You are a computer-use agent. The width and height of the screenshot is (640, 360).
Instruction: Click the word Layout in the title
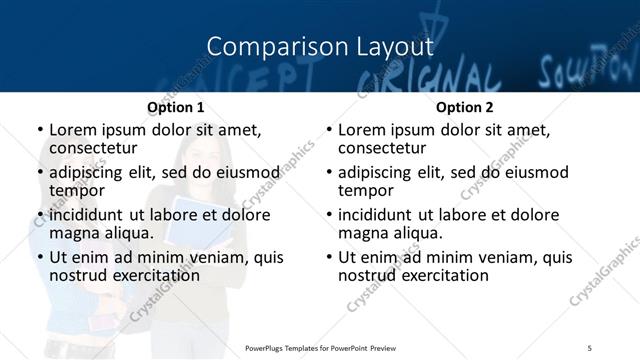[397, 47]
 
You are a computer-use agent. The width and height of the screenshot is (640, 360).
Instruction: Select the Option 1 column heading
[175, 107]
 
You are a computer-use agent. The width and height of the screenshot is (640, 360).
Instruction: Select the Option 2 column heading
[465, 107]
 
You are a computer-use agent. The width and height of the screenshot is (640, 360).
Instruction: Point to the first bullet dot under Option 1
[39, 131]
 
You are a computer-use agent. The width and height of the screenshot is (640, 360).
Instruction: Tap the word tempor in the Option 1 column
[76, 190]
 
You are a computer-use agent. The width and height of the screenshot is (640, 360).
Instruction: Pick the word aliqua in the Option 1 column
[126, 232]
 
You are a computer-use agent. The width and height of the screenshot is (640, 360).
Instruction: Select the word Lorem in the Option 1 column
[72, 131]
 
